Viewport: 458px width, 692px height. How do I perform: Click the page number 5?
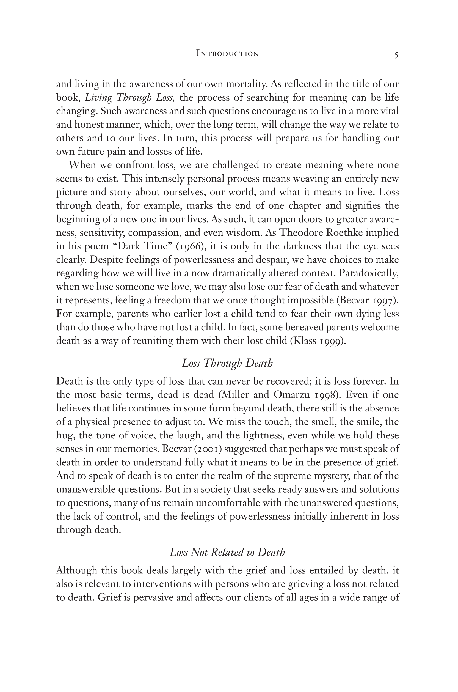(396, 55)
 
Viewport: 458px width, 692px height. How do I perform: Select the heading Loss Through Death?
(227, 363)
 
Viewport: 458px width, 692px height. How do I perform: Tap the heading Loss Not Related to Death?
(227, 552)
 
